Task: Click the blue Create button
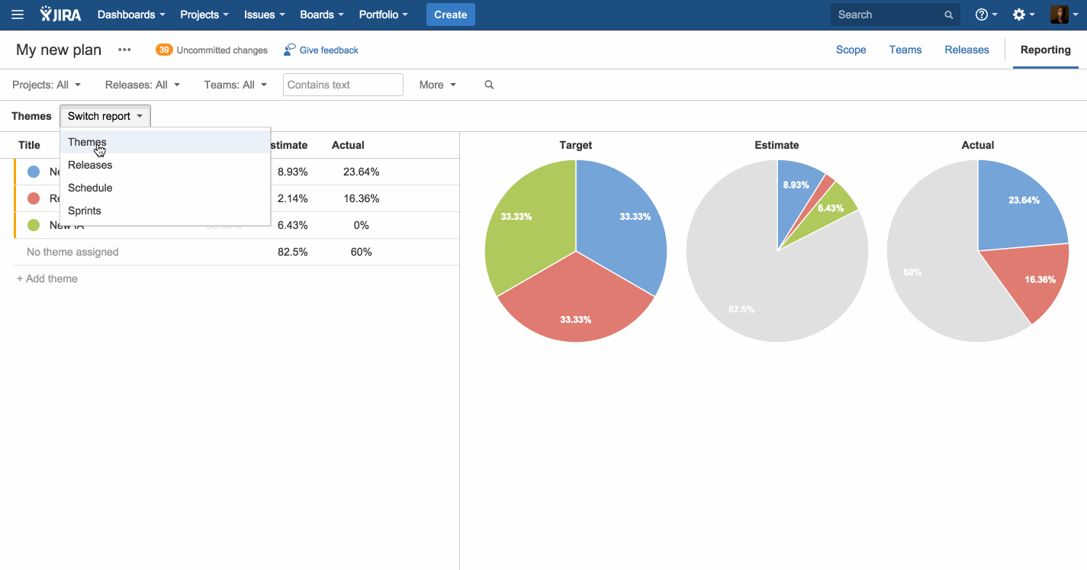tap(450, 14)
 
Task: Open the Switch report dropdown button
tap(105, 116)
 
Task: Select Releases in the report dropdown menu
tap(90, 165)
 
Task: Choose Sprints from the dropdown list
tap(85, 211)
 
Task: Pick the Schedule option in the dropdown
tap(90, 188)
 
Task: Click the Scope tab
tap(851, 50)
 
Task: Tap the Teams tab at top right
tap(905, 50)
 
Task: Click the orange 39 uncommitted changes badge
tap(164, 50)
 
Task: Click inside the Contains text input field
tap(343, 85)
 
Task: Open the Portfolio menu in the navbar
tap(383, 14)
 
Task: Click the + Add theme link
tap(47, 279)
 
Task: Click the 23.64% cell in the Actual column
tap(361, 172)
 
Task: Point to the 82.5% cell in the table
tap(292, 252)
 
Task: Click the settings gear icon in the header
tap(1019, 14)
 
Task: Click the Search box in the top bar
tap(885, 14)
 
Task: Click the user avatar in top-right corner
tap(1059, 14)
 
